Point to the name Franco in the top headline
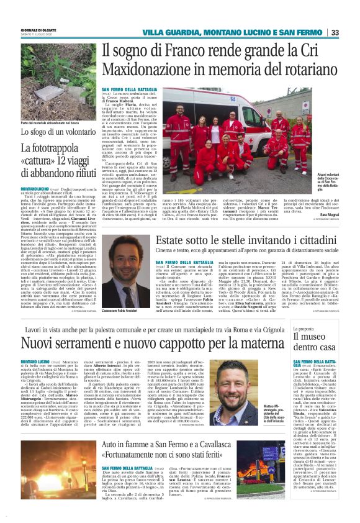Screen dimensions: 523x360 click(x=176, y=50)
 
